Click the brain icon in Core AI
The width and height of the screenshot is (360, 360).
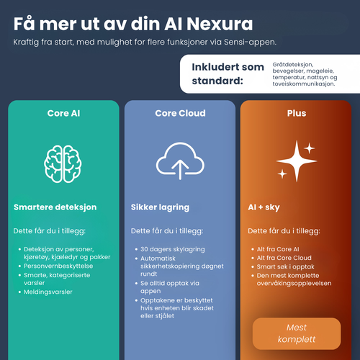click(x=63, y=164)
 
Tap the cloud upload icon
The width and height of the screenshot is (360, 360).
click(x=180, y=161)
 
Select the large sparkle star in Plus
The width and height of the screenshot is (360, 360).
click(x=297, y=161)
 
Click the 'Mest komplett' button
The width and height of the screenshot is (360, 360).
click(x=297, y=333)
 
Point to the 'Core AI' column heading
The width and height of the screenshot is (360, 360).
click(x=63, y=113)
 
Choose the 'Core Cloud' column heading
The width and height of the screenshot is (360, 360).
click(x=180, y=113)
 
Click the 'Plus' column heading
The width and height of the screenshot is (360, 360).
click(x=297, y=113)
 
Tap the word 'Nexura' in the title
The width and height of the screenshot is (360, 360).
click(x=220, y=24)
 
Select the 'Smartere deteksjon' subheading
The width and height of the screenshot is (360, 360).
click(x=55, y=207)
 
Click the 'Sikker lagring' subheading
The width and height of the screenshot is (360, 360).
click(x=160, y=207)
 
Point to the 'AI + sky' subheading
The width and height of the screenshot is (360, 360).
click(x=264, y=207)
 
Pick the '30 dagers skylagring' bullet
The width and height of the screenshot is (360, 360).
click(x=173, y=249)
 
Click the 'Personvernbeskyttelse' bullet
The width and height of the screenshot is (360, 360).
click(x=58, y=266)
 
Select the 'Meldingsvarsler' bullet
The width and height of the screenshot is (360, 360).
click(x=48, y=292)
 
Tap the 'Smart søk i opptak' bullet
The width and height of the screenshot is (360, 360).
click(x=286, y=267)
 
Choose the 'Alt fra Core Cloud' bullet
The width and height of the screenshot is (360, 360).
click(x=284, y=258)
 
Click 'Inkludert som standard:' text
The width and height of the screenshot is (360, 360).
click(x=228, y=74)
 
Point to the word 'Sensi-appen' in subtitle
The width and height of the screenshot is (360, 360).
click(x=249, y=42)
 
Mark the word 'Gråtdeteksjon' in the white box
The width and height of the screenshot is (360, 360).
click(x=293, y=65)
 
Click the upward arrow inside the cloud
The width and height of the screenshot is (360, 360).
click(x=180, y=170)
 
